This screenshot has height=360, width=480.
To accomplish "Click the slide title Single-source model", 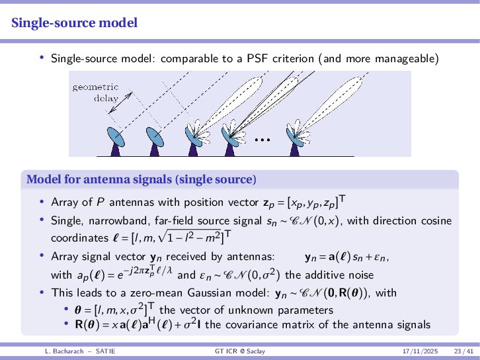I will point(75,23).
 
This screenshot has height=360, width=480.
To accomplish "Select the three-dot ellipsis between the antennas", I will point(262,140).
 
